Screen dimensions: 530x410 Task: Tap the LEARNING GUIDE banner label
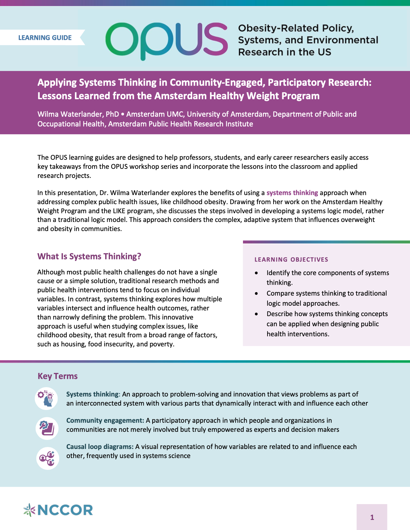pos(45,38)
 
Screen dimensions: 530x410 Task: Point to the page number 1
pos(372,517)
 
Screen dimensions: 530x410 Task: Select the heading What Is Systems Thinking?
pos(89,256)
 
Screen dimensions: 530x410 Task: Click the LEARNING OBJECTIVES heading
pos(291,259)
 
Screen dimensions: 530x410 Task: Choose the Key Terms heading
pos(57,376)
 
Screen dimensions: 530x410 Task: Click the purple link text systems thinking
pos(292,193)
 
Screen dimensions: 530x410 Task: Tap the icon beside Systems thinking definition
pos(47,399)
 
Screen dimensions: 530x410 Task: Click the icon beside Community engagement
pos(47,428)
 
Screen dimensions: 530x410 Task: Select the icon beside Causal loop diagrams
pos(47,458)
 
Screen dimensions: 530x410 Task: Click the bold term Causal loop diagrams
pos(100,447)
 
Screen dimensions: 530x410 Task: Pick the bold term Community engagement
pos(105,420)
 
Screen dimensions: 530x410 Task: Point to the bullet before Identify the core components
pos(257,273)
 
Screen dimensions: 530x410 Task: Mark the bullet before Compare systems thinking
pos(257,293)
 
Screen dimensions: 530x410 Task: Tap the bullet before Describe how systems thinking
pos(257,314)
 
